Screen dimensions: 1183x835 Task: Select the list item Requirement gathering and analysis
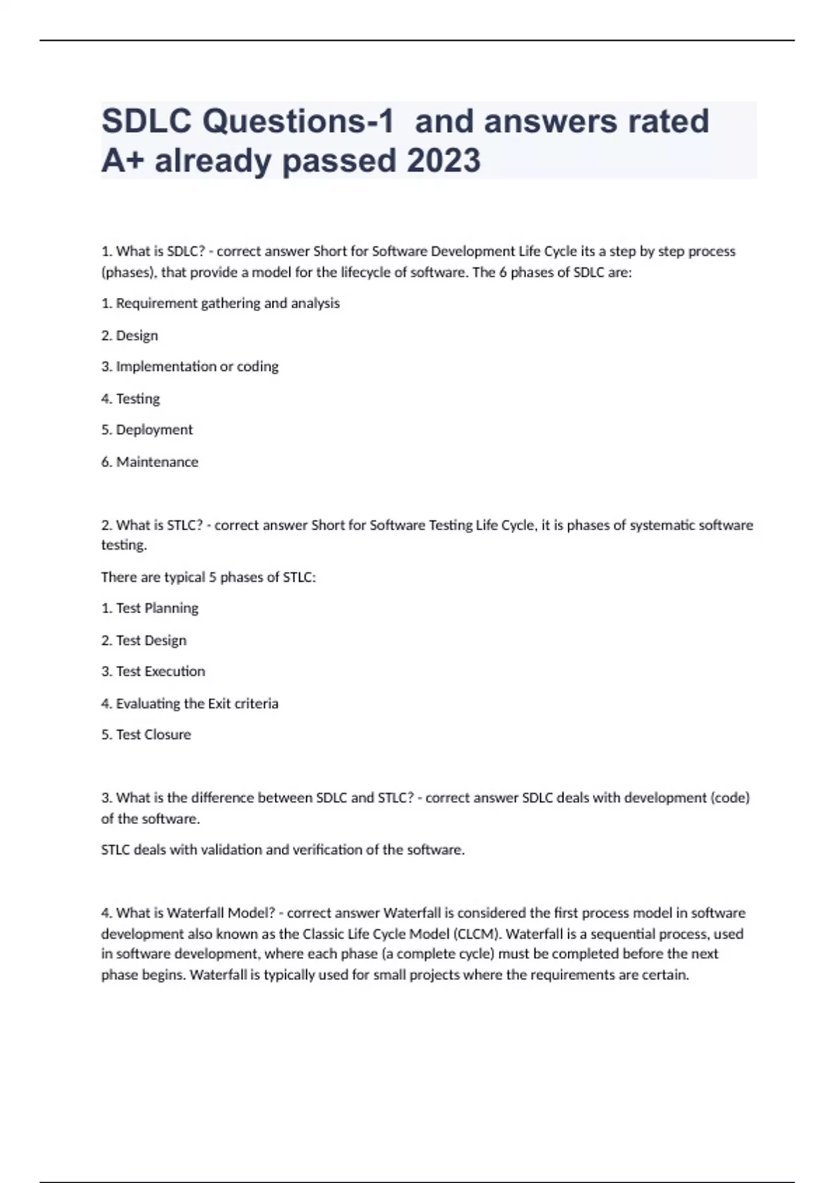(x=221, y=303)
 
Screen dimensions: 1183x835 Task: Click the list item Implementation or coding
(x=190, y=367)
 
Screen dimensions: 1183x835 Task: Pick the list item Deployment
(x=147, y=430)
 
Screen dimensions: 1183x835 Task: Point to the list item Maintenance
(x=150, y=462)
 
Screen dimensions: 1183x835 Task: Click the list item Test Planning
(x=150, y=608)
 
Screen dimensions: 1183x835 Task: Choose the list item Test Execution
(x=153, y=672)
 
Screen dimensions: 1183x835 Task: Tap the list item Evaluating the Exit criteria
(x=189, y=704)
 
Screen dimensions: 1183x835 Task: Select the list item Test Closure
(x=146, y=735)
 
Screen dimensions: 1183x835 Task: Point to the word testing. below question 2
(x=124, y=545)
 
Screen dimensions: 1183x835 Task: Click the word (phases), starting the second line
(x=129, y=273)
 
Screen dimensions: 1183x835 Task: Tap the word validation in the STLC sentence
(x=231, y=850)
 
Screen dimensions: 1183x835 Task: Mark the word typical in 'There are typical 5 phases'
(x=184, y=578)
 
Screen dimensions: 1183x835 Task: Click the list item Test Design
(x=144, y=640)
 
